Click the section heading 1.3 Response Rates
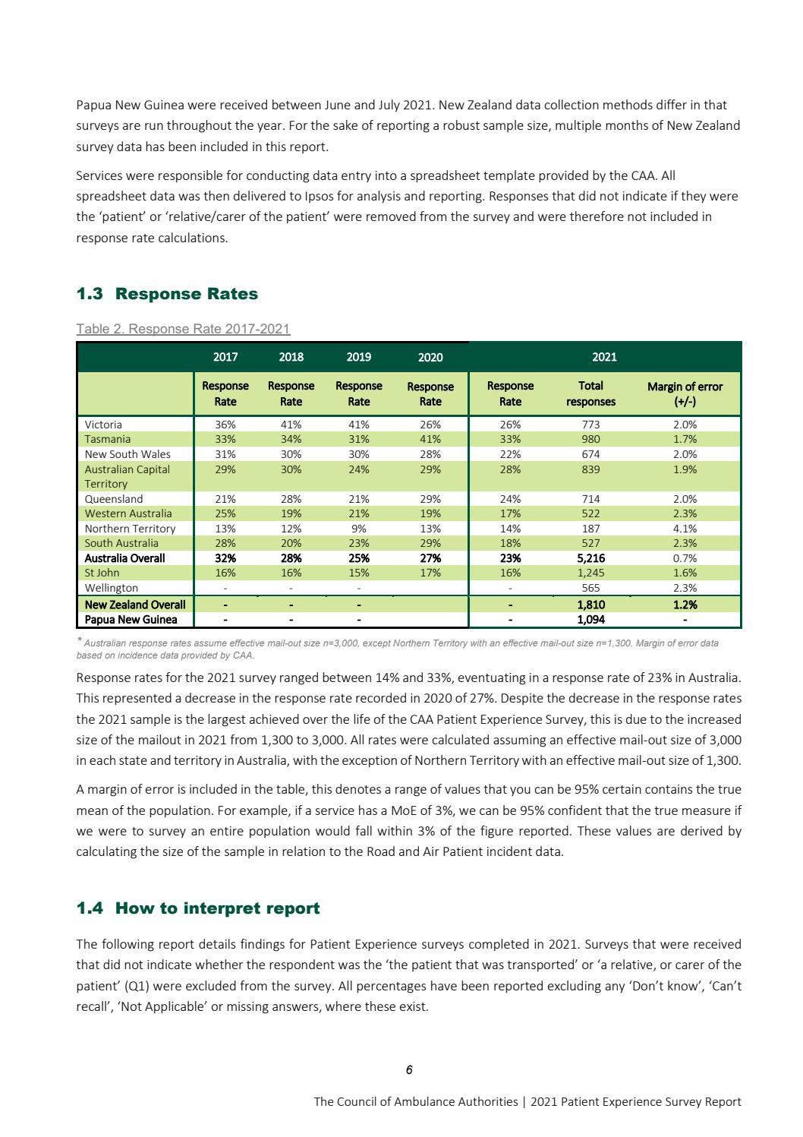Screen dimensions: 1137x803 167,294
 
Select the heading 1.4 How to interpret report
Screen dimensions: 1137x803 198,908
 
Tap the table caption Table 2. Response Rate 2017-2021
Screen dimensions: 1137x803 183,329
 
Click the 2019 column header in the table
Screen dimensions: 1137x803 358,357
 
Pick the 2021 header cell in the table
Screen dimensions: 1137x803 604,357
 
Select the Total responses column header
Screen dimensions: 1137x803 590,393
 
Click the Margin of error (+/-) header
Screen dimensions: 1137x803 685,393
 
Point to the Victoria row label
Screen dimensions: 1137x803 103,425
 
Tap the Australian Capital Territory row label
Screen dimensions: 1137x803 128,476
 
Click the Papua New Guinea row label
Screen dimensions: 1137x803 131,620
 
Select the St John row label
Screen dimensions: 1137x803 102,573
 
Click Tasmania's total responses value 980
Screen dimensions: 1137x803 590,439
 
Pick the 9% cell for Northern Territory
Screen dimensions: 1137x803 358,529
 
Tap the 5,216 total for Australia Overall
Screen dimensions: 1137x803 590,558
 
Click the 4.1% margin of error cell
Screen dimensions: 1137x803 685,529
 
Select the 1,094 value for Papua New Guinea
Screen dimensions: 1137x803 590,620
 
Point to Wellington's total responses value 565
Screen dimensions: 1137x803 590,588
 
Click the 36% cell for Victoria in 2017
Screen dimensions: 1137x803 225,425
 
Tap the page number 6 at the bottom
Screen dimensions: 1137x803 409,1070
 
